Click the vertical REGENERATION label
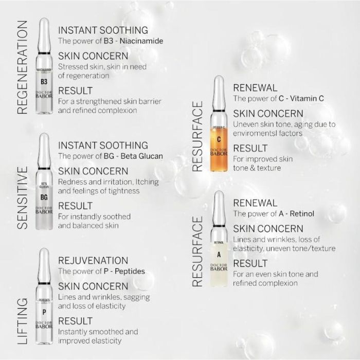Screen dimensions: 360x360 22,67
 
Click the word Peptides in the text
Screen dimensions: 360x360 129,271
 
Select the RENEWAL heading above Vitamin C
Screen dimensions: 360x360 255,87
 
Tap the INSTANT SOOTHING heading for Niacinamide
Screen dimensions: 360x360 103,30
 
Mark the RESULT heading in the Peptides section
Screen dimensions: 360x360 76,321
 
